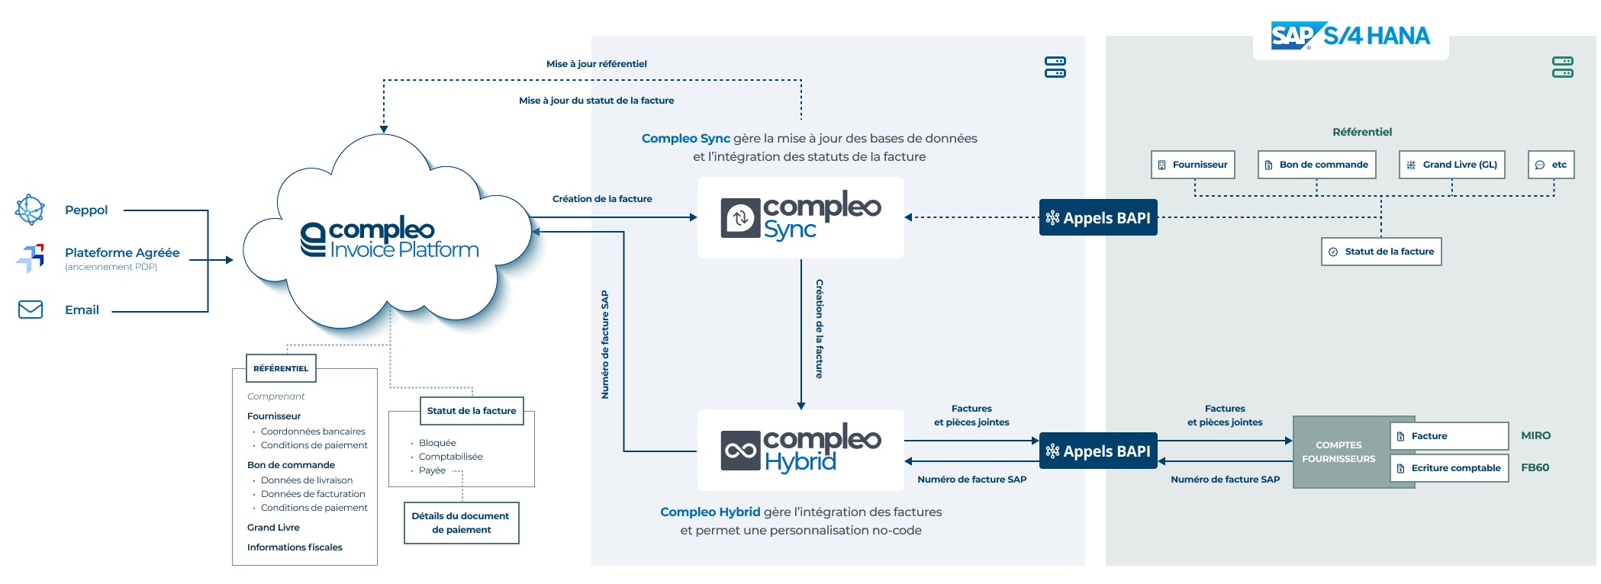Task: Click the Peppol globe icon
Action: tap(31, 210)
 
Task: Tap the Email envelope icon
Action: tap(31, 310)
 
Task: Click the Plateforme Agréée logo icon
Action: tap(31, 258)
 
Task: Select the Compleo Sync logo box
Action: tap(800, 218)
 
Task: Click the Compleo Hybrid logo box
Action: tap(800, 451)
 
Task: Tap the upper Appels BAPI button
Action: tap(1098, 218)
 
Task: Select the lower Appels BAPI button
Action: tap(1098, 451)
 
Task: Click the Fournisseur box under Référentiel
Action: tap(1193, 165)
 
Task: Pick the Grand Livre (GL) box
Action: tap(1451, 165)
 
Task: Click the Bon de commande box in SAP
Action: tap(1316, 165)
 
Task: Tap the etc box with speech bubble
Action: tap(1551, 165)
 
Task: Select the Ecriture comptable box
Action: tap(1449, 468)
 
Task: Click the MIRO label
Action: tap(1535, 435)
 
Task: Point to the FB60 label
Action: tap(1535, 467)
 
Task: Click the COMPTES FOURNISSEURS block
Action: tap(1338, 452)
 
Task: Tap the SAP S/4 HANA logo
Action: tap(1350, 36)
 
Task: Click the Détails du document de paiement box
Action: tap(461, 523)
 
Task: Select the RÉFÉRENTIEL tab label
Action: tap(281, 368)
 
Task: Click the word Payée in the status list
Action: tap(432, 470)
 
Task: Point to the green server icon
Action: tap(1562, 67)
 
